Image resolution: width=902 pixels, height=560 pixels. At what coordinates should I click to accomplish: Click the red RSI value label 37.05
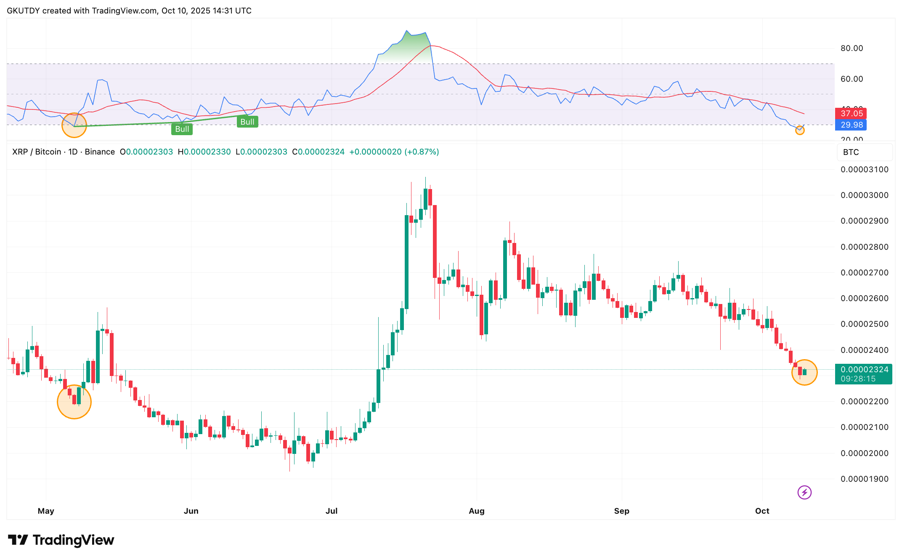851,113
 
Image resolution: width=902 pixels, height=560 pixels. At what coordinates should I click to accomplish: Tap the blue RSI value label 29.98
851,125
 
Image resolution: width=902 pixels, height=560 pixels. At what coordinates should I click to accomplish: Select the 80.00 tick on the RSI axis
852,48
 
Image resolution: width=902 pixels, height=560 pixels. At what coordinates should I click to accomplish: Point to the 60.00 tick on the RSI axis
852,79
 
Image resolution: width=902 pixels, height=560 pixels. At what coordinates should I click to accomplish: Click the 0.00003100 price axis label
864,170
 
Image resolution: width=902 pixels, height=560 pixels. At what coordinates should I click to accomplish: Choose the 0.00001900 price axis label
864,479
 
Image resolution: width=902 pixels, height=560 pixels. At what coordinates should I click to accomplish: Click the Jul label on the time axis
332,511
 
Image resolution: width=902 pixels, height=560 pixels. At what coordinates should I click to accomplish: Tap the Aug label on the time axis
477,511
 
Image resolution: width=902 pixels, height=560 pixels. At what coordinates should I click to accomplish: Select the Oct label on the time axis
762,511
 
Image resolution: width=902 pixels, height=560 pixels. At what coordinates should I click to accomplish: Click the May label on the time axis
46,511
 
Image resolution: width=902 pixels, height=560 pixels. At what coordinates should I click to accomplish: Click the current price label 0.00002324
864,370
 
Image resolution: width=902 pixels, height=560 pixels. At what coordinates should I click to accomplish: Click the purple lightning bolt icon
804,492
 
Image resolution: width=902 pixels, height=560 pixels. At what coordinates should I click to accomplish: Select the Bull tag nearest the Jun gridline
182,129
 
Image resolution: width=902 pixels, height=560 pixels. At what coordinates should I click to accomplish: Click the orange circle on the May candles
74,402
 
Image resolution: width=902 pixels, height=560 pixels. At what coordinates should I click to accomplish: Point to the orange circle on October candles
804,372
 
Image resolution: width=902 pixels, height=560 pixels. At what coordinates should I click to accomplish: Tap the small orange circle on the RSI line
800,131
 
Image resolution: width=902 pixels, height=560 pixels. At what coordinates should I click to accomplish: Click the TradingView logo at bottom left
61,540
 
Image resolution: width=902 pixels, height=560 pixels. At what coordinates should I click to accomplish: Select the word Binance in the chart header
100,152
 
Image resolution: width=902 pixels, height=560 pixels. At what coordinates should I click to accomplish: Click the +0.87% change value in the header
422,152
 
